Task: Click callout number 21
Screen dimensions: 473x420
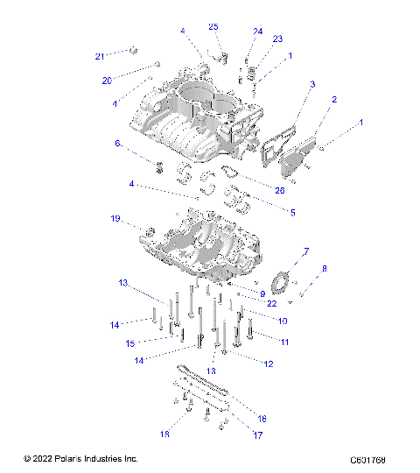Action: tap(100, 56)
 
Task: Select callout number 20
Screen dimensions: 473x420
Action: tap(108, 81)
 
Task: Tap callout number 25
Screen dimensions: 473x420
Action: tap(213, 27)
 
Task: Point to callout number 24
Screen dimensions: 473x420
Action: tap(257, 32)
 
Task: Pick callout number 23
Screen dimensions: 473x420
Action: tap(277, 39)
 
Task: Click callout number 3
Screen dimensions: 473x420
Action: tap(311, 85)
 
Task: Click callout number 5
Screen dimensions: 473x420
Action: tap(268, 211)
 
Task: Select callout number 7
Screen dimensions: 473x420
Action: tap(305, 251)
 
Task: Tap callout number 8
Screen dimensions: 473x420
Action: tap(325, 268)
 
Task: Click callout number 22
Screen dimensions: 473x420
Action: tap(273, 303)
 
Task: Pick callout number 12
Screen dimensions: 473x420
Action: tap(268, 363)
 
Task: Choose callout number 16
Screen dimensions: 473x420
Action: tap(262, 419)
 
